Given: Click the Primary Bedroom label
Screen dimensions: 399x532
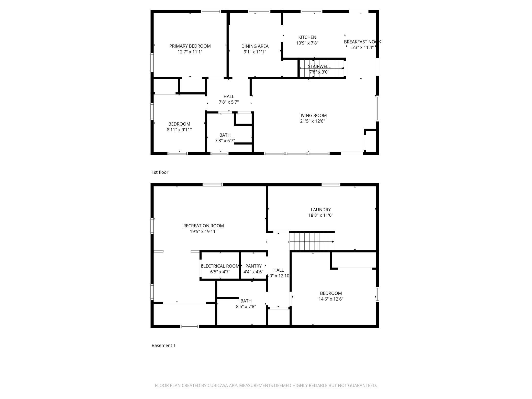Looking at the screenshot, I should pyautogui.click(x=190, y=46).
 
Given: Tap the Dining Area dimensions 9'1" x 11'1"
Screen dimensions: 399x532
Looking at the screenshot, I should pyautogui.click(x=255, y=52).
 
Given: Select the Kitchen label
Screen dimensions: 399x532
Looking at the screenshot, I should pyautogui.click(x=307, y=37).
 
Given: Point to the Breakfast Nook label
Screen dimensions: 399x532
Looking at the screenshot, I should pyautogui.click(x=362, y=42).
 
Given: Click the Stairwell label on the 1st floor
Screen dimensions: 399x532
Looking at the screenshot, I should pyautogui.click(x=319, y=66).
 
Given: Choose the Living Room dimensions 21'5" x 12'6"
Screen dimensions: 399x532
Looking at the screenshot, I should pyautogui.click(x=312, y=121).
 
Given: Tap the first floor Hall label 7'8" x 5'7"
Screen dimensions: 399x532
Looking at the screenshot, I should pyautogui.click(x=229, y=97).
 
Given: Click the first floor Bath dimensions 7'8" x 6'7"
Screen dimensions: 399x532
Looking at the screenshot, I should pyautogui.click(x=225, y=141).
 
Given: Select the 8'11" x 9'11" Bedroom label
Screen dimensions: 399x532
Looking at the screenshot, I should pyautogui.click(x=179, y=124).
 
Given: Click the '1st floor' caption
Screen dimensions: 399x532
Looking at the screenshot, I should pyautogui.click(x=160, y=172).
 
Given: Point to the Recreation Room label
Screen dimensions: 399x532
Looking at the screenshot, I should pyautogui.click(x=203, y=226).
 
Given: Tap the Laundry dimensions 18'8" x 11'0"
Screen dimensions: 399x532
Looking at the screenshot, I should pyautogui.click(x=320, y=215).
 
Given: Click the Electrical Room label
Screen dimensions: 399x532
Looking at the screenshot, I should pyautogui.click(x=220, y=266).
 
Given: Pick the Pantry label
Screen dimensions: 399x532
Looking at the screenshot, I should pyautogui.click(x=253, y=266).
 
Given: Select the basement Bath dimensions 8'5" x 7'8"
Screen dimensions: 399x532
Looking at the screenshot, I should pyautogui.click(x=246, y=307).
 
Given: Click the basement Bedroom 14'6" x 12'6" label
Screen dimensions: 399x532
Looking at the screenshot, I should pyautogui.click(x=331, y=294).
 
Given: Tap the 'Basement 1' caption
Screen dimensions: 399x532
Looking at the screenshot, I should pyautogui.click(x=163, y=346).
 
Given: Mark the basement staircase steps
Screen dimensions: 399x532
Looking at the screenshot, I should pyautogui.click(x=312, y=242).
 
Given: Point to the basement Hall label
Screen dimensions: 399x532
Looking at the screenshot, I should pyautogui.click(x=278, y=270).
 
